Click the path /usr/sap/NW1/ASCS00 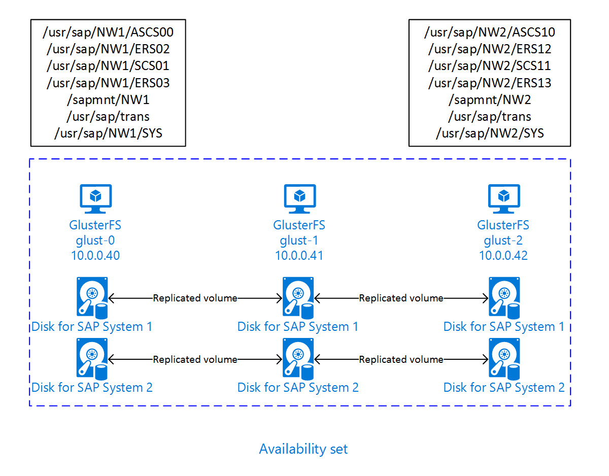coord(108,33)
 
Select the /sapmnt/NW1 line coord(108,100)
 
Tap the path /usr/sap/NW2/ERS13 coord(490,83)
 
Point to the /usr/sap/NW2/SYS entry coord(490,133)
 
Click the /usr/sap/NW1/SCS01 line coord(108,66)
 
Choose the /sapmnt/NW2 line coord(490,100)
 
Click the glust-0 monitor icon coord(95,198)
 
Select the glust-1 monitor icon coord(299,198)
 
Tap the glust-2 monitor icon coord(503,198)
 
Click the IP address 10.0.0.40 coord(95,255)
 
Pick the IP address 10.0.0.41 coord(299,255)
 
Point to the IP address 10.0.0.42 coord(503,255)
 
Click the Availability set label coord(303,449)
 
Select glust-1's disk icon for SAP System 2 coord(298,358)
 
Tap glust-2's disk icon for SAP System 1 coord(504,297)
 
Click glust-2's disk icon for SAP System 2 coord(504,358)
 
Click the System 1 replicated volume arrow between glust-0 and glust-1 coord(195,298)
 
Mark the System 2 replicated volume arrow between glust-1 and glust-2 coord(401,359)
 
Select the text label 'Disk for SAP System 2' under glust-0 coord(92,388)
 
